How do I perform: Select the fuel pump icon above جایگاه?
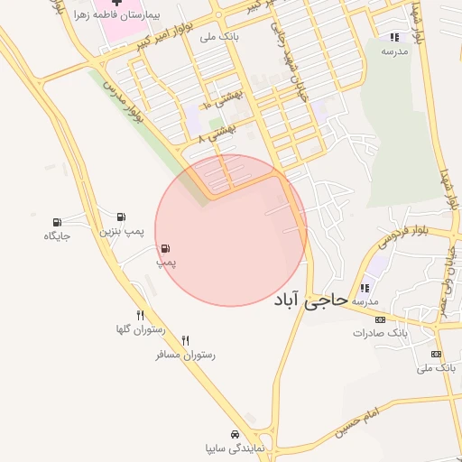[x=58, y=222]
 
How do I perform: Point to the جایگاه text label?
[x=57, y=236]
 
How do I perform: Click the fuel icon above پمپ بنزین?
[x=120, y=217]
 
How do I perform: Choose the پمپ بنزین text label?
[x=120, y=232]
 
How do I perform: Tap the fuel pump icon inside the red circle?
[x=166, y=248]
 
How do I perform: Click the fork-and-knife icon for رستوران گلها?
[x=140, y=315]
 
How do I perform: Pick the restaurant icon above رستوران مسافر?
[x=186, y=340]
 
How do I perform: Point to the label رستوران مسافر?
[x=185, y=355]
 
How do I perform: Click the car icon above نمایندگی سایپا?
[x=235, y=434]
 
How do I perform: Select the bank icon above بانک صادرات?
[x=380, y=319]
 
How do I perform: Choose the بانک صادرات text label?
[x=374, y=333]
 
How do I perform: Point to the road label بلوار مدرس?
[x=124, y=104]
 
